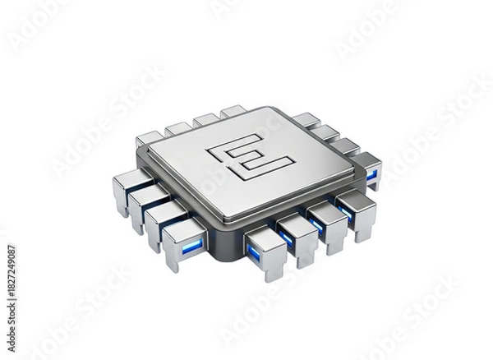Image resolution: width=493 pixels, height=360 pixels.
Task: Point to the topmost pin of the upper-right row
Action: point(306,120)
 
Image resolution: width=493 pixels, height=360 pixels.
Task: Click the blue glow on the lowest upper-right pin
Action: point(371,173)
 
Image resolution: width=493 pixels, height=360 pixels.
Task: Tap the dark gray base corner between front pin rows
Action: point(220,251)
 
